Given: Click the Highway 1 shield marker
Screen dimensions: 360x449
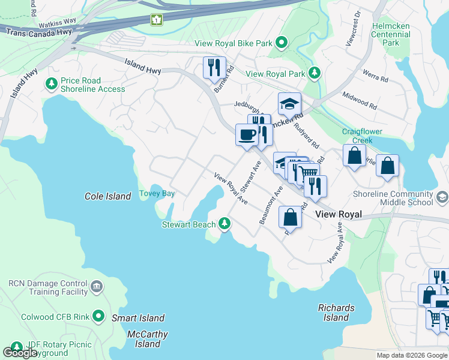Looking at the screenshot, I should click(x=156, y=20).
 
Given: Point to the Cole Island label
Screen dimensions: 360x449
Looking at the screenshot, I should click(x=108, y=196).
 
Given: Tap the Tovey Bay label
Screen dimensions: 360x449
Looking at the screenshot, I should click(x=157, y=193).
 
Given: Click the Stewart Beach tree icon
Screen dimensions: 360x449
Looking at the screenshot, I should click(x=224, y=224).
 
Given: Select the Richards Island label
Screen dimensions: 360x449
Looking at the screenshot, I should click(x=336, y=313).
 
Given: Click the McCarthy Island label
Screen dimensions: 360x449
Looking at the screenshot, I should click(x=148, y=339).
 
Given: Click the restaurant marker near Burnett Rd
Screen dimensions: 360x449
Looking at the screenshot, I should click(x=214, y=67).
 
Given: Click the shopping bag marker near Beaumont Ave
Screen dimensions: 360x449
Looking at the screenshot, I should click(x=291, y=217).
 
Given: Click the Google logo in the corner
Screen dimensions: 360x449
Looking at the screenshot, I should click(x=20, y=352).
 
